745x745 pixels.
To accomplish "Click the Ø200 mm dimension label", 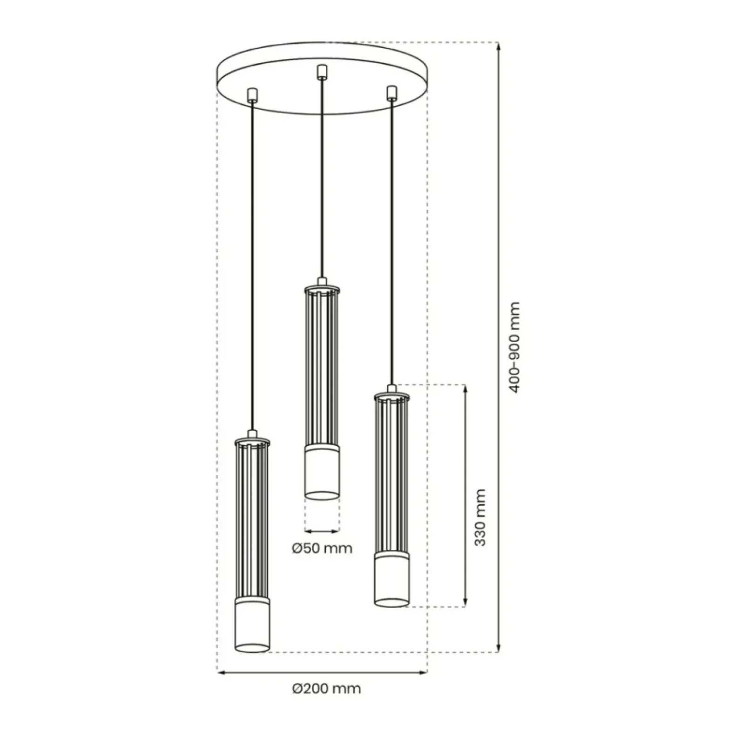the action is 326,689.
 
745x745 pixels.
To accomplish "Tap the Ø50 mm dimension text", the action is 322,549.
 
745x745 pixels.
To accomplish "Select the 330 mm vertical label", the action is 480,517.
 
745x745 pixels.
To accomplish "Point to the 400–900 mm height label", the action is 514,347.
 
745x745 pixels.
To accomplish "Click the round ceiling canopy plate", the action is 322,78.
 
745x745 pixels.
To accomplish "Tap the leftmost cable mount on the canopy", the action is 252,95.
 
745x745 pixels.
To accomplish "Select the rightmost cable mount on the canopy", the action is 392,92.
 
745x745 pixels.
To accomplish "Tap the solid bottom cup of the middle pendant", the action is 322,472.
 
